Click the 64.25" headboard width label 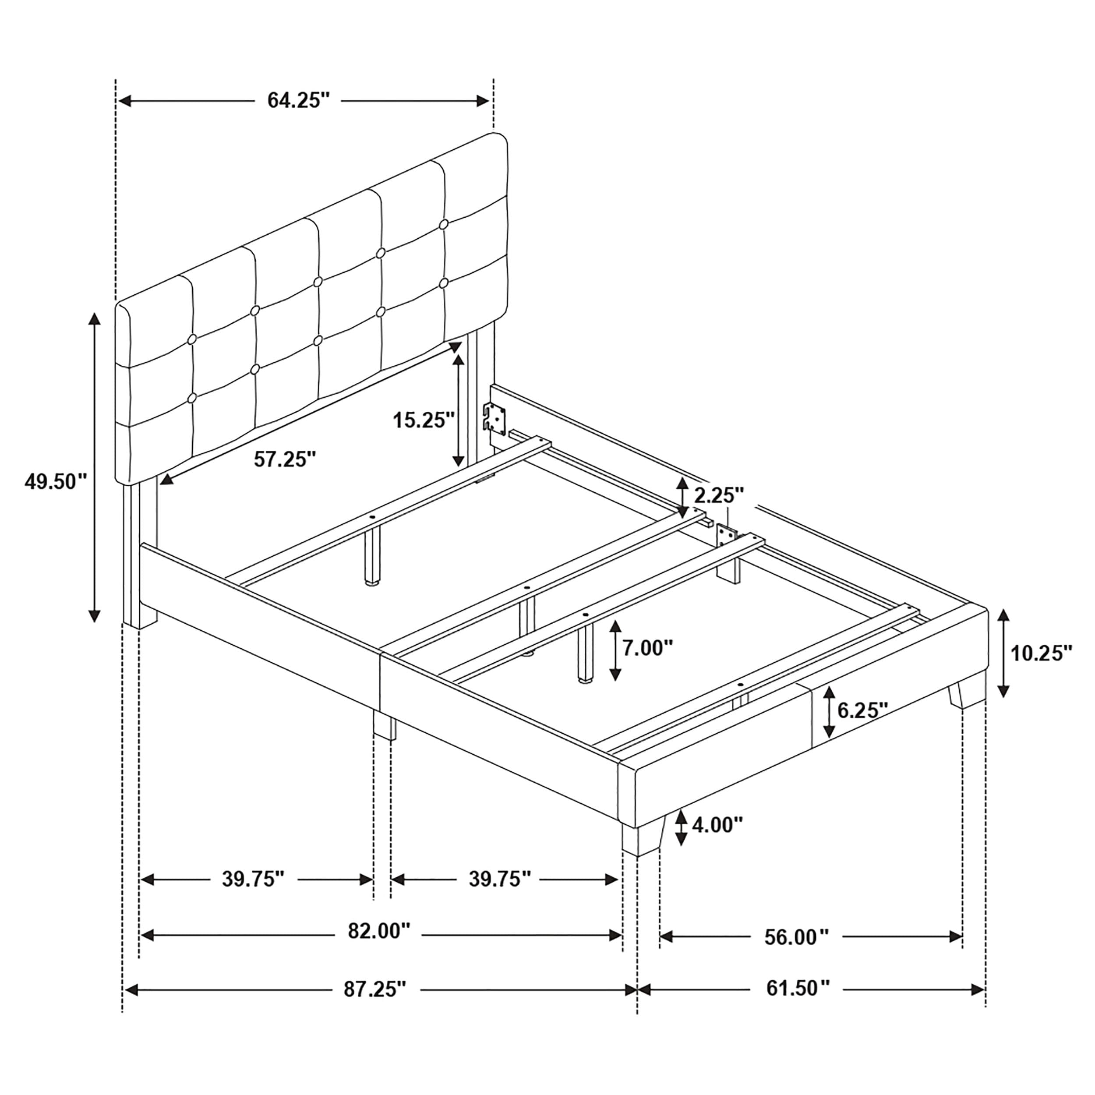[x=298, y=100]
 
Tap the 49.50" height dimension [x=55, y=482]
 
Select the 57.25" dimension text [x=285, y=459]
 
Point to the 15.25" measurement [x=424, y=420]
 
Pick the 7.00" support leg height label [x=648, y=647]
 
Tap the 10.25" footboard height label [x=1042, y=653]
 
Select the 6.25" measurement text [x=862, y=710]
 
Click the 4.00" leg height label [x=717, y=825]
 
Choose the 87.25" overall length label [x=375, y=989]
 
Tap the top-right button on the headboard [x=443, y=224]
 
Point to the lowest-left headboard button [x=191, y=399]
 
